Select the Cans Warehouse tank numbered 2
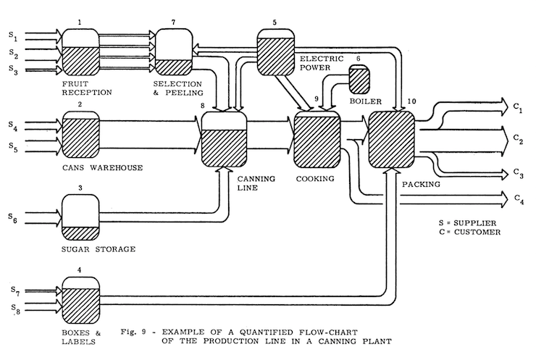pyautogui.click(x=80, y=135)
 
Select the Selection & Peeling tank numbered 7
pyautogui.click(x=175, y=52)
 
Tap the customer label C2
pyautogui.click(x=518, y=137)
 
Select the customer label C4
pyautogui.click(x=517, y=197)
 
